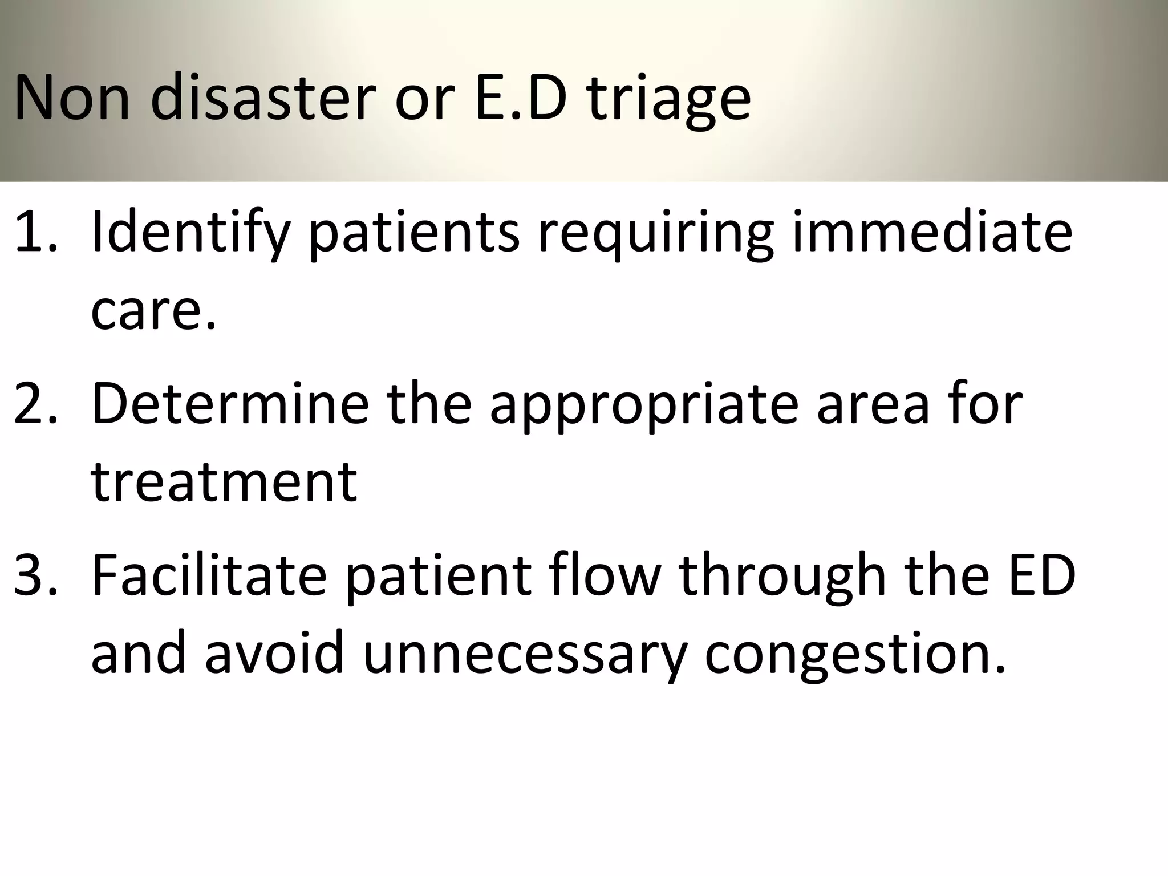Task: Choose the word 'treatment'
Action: click(x=224, y=481)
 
